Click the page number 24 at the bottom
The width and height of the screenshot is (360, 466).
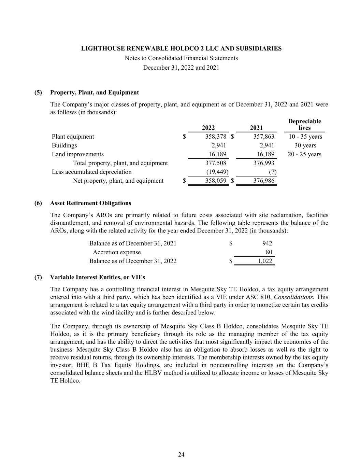pyautogui.click(x=181, y=454)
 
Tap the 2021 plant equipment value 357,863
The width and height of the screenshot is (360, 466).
pyautogui.click(x=264, y=137)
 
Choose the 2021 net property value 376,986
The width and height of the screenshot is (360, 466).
pyautogui.click(x=264, y=181)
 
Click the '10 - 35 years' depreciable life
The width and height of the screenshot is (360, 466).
pyautogui.click(x=305, y=137)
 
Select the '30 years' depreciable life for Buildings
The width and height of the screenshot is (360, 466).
pyautogui.click(x=305, y=145)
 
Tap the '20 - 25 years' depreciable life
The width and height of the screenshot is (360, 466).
pyautogui.click(x=304, y=154)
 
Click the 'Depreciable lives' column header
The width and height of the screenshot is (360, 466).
pyautogui.click(x=304, y=125)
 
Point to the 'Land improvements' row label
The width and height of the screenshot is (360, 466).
pyautogui.click(x=78, y=154)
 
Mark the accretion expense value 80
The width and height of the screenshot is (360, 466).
pyautogui.click(x=269, y=252)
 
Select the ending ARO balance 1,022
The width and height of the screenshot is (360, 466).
pyautogui.click(x=264, y=261)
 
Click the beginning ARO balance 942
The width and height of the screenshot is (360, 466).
pyautogui.click(x=267, y=243)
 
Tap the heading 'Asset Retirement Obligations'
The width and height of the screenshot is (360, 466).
pyautogui.click(x=90, y=203)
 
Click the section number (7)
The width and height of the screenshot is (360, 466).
pyautogui.click(x=38, y=277)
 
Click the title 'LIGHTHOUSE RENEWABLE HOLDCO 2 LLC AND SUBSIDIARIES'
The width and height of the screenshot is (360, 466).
pyautogui.click(x=181, y=48)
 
